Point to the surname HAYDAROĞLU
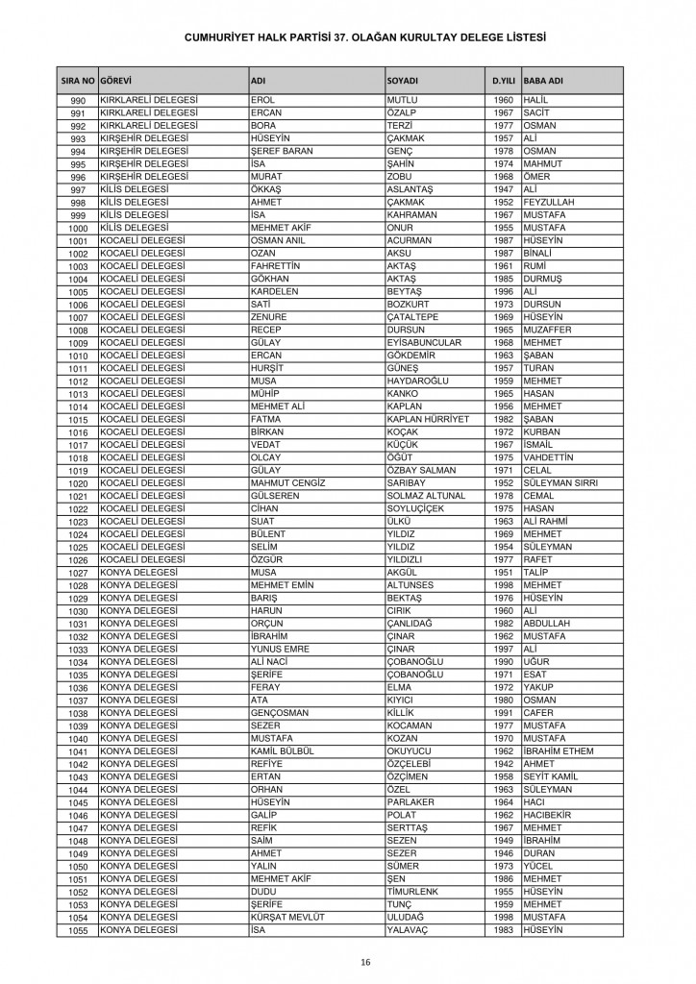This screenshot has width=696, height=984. [x=423, y=381]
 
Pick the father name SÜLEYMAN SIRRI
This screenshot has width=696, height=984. [x=561, y=482]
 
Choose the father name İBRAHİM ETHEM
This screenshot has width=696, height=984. [x=559, y=750]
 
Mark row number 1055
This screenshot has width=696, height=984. [x=79, y=930]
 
